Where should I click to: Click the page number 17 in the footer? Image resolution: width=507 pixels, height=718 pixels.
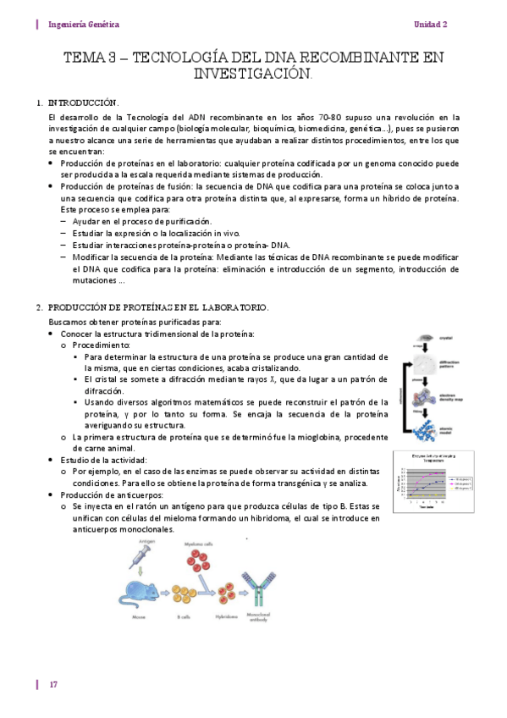coord(52,684)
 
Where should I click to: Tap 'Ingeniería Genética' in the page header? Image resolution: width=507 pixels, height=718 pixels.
coord(84,25)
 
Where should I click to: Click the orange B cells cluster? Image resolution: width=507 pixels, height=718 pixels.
coord(183,595)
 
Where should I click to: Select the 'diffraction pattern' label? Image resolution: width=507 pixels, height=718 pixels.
coord(449,364)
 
